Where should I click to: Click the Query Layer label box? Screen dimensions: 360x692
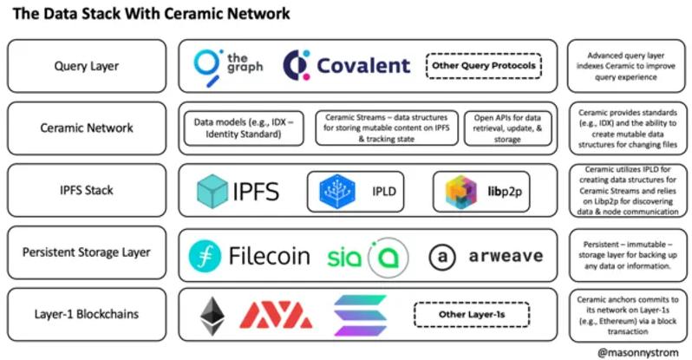[x=86, y=66]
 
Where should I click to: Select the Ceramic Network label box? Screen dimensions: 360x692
[x=86, y=128]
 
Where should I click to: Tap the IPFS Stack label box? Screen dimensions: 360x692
[x=86, y=190]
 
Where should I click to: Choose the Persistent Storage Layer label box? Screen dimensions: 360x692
[x=86, y=252]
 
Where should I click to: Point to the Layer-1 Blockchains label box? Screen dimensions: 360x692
[x=86, y=315]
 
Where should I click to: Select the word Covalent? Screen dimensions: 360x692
[x=363, y=66]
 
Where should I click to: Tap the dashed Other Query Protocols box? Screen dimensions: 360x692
[x=483, y=66]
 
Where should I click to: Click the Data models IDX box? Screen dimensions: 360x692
[x=244, y=128]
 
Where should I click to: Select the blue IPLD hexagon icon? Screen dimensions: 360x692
[x=334, y=191]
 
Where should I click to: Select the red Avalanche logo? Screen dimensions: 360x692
[x=275, y=316]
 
